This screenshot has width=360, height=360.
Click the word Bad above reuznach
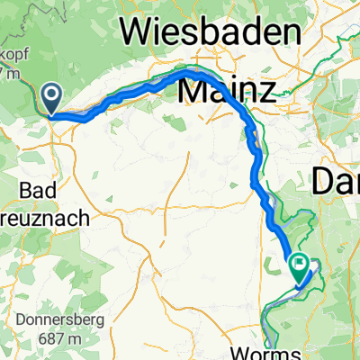coord(36,190)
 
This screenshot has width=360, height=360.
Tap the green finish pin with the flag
coord(299,265)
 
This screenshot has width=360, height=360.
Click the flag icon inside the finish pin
coord(299,264)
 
